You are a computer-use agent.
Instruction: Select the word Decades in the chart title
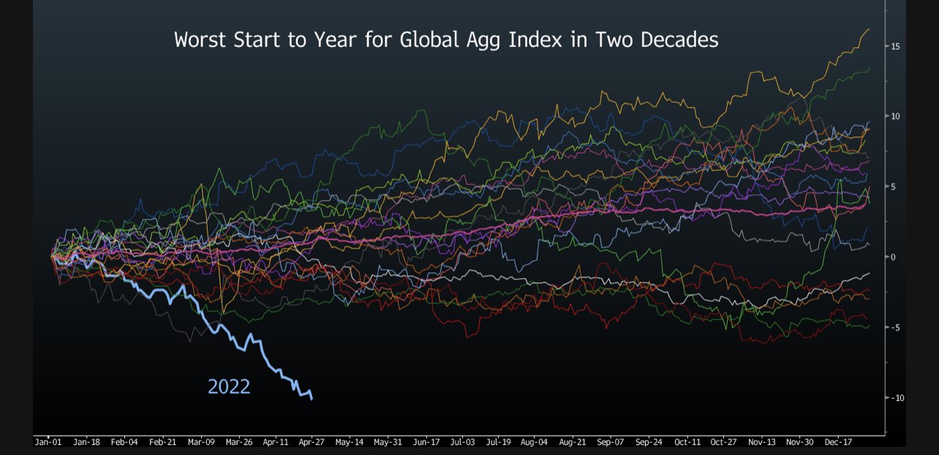click(x=679, y=40)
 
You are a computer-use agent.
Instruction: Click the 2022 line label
click(x=229, y=386)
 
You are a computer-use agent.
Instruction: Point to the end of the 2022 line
click(x=312, y=399)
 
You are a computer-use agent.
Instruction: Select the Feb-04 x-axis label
click(x=124, y=442)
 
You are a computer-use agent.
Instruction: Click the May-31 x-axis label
click(x=387, y=442)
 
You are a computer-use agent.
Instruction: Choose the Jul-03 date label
click(x=462, y=442)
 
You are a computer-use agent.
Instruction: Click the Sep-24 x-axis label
click(x=649, y=442)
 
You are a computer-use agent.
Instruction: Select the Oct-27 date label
click(x=724, y=442)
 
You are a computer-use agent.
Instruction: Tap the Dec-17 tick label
click(x=838, y=442)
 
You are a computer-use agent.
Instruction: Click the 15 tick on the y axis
click(x=894, y=46)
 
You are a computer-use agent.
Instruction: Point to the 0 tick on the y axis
click(x=893, y=257)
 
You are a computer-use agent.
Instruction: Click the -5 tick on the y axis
click(x=894, y=327)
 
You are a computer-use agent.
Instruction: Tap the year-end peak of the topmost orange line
click(x=869, y=29)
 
